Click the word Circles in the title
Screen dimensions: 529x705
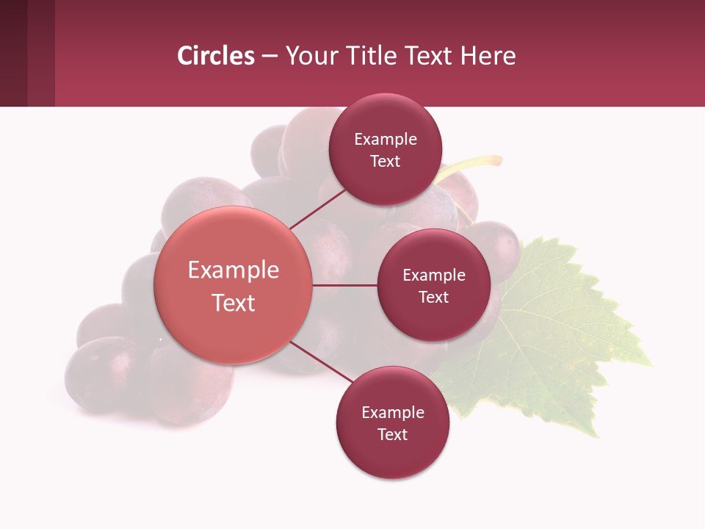tap(215, 56)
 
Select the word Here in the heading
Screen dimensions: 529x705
tap(488, 56)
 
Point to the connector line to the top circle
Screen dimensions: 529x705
tap(318, 209)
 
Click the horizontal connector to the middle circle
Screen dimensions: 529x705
tap(344, 285)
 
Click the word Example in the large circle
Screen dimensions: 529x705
tap(234, 270)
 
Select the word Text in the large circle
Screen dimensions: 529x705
tap(234, 303)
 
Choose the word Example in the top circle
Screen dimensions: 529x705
tap(386, 140)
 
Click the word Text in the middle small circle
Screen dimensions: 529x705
tap(433, 297)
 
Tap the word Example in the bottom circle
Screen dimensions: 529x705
tap(393, 413)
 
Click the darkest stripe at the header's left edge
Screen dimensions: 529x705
tap(13, 53)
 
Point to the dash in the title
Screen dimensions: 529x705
tap(270, 57)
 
